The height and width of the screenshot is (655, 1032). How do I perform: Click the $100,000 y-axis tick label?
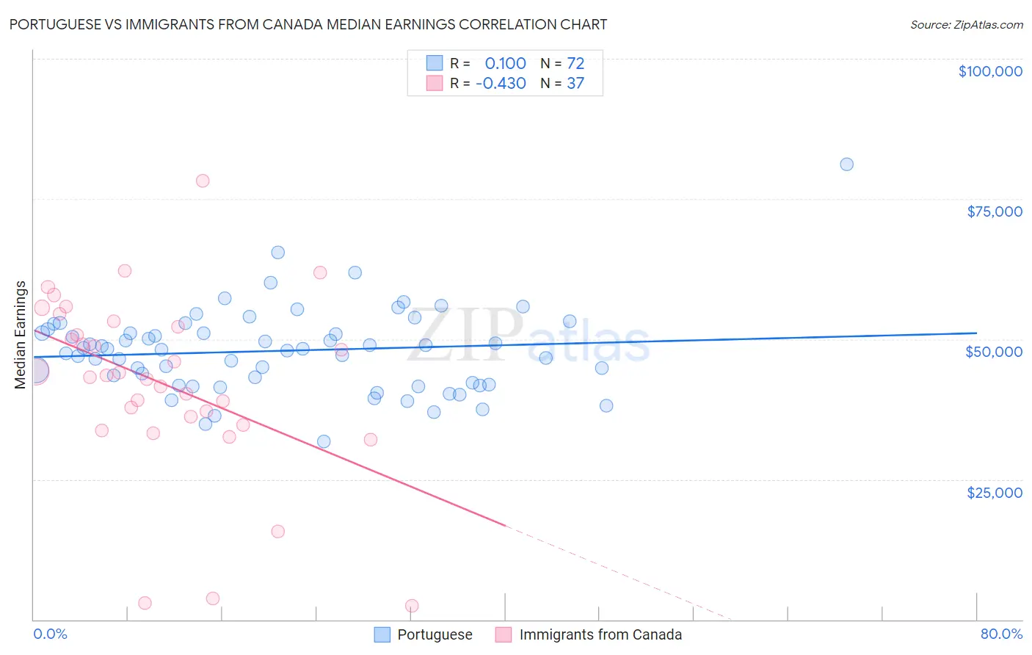(989, 71)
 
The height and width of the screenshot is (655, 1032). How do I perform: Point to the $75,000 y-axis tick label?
(994, 211)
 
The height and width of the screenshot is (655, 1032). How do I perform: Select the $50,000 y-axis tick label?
(993, 352)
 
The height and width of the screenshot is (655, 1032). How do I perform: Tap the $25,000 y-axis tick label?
(994, 492)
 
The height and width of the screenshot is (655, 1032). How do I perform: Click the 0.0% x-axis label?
(50, 634)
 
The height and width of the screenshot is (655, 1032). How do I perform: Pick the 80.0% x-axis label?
(1001, 634)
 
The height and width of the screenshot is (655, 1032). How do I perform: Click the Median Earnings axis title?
(21, 334)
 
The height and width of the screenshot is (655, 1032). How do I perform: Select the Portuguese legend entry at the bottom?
(435, 634)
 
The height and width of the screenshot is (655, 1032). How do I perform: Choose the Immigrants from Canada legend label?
(600, 634)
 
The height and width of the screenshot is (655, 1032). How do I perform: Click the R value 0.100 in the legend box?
(505, 64)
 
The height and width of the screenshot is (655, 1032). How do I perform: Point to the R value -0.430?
(501, 84)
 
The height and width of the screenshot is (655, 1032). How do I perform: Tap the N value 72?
(575, 64)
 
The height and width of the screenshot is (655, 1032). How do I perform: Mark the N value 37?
(575, 84)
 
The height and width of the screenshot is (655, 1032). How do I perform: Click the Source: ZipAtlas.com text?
(966, 25)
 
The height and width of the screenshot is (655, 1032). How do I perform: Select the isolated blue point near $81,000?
(846, 164)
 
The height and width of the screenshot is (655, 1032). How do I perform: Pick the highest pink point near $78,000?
(203, 181)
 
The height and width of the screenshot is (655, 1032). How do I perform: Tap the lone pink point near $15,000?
(277, 532)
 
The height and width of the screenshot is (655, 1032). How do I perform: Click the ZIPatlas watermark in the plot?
(528, 336)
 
